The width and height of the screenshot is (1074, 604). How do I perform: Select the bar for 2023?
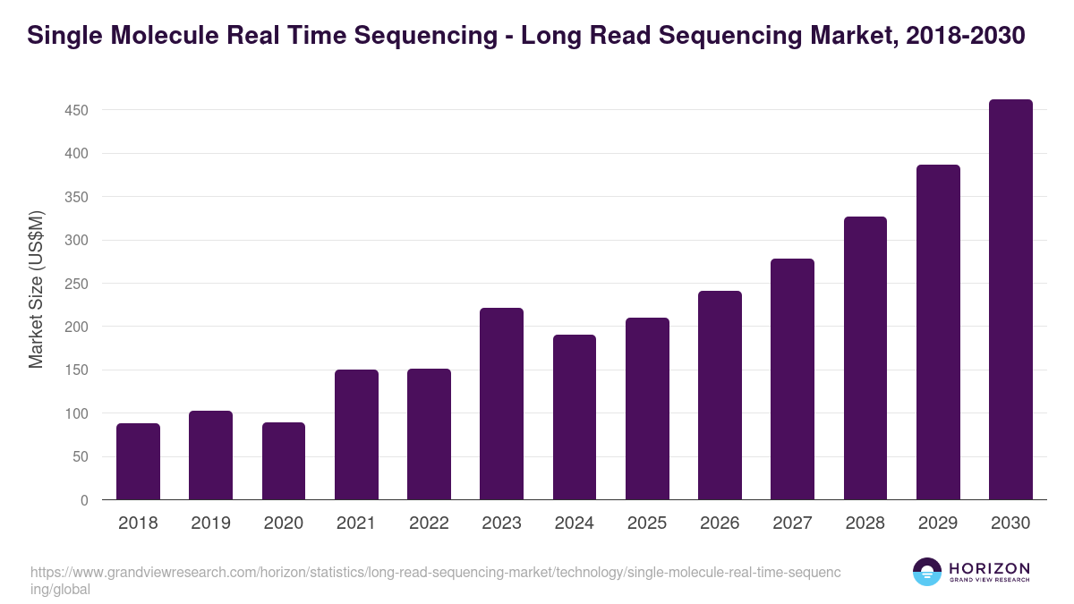(501, 404)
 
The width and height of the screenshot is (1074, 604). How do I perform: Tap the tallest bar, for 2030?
(1010, 300)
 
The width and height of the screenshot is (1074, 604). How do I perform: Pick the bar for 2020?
(284, 462)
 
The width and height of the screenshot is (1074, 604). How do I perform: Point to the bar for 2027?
(792, 379)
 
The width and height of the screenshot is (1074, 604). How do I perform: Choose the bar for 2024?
(575, 417)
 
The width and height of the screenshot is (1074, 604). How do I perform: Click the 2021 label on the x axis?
(356, 523)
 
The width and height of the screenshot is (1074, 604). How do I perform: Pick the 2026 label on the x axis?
(720, 523)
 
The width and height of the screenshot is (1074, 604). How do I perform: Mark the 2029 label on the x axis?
(938, 523)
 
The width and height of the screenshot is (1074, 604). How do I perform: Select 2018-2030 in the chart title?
(965, 36)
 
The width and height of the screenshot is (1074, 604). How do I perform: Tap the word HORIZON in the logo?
(990, 568)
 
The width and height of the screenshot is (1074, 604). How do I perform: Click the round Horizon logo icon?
(926, 572)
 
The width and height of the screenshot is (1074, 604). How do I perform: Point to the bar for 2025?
(647, 409)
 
